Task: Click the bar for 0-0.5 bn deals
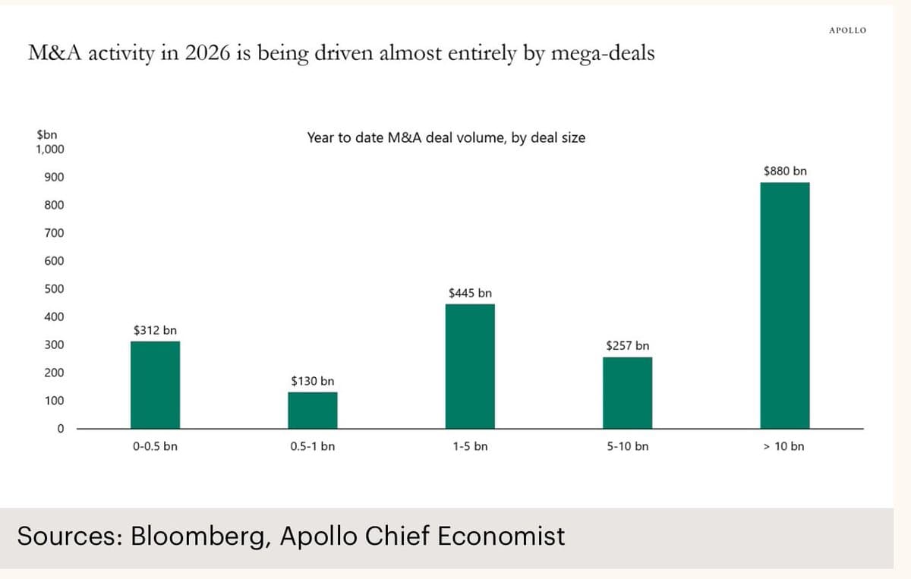pyautogui.click(x=156, y=385)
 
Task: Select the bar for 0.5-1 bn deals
pyautogui.click(x=313, y=410)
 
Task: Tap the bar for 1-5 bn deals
pyautogui.click(x=470, y=366)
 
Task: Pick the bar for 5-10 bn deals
pyautogui.click(x=627, y=392)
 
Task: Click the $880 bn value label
pyautogui.click(x=785, y=171)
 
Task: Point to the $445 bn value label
pyautogui.click(x=470, y=293)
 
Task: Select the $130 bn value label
pyautogui.click(x=313, y=381)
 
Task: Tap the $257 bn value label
pyautogui.click(x=628, y=346)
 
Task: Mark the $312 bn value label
pyautogui.click(x=155, y=330)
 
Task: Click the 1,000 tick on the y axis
pyautogui.click(x=50, y=149)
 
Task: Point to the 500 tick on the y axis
pyautogui.click(x=54, y=289)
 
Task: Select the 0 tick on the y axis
pyautogui.click(x=60, y=429)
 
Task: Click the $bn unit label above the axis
pyautogui.click(x=46, y=135)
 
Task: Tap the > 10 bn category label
pyautogui.click(x=784, y=446)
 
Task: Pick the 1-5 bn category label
pyautogui.click(x=470, y=446)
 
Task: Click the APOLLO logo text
pyautogui.click(x=847, y=30)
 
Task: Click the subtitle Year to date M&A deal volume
pyautogui.click(x=446, y=137)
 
